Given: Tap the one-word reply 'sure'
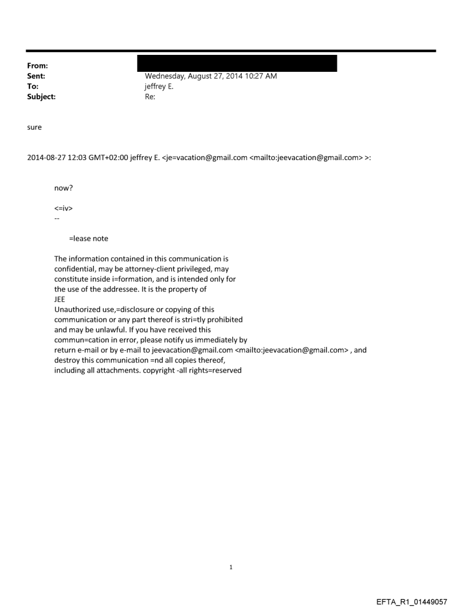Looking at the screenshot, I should click(x=35, y=127).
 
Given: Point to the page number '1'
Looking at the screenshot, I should click(x=231, y=567).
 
